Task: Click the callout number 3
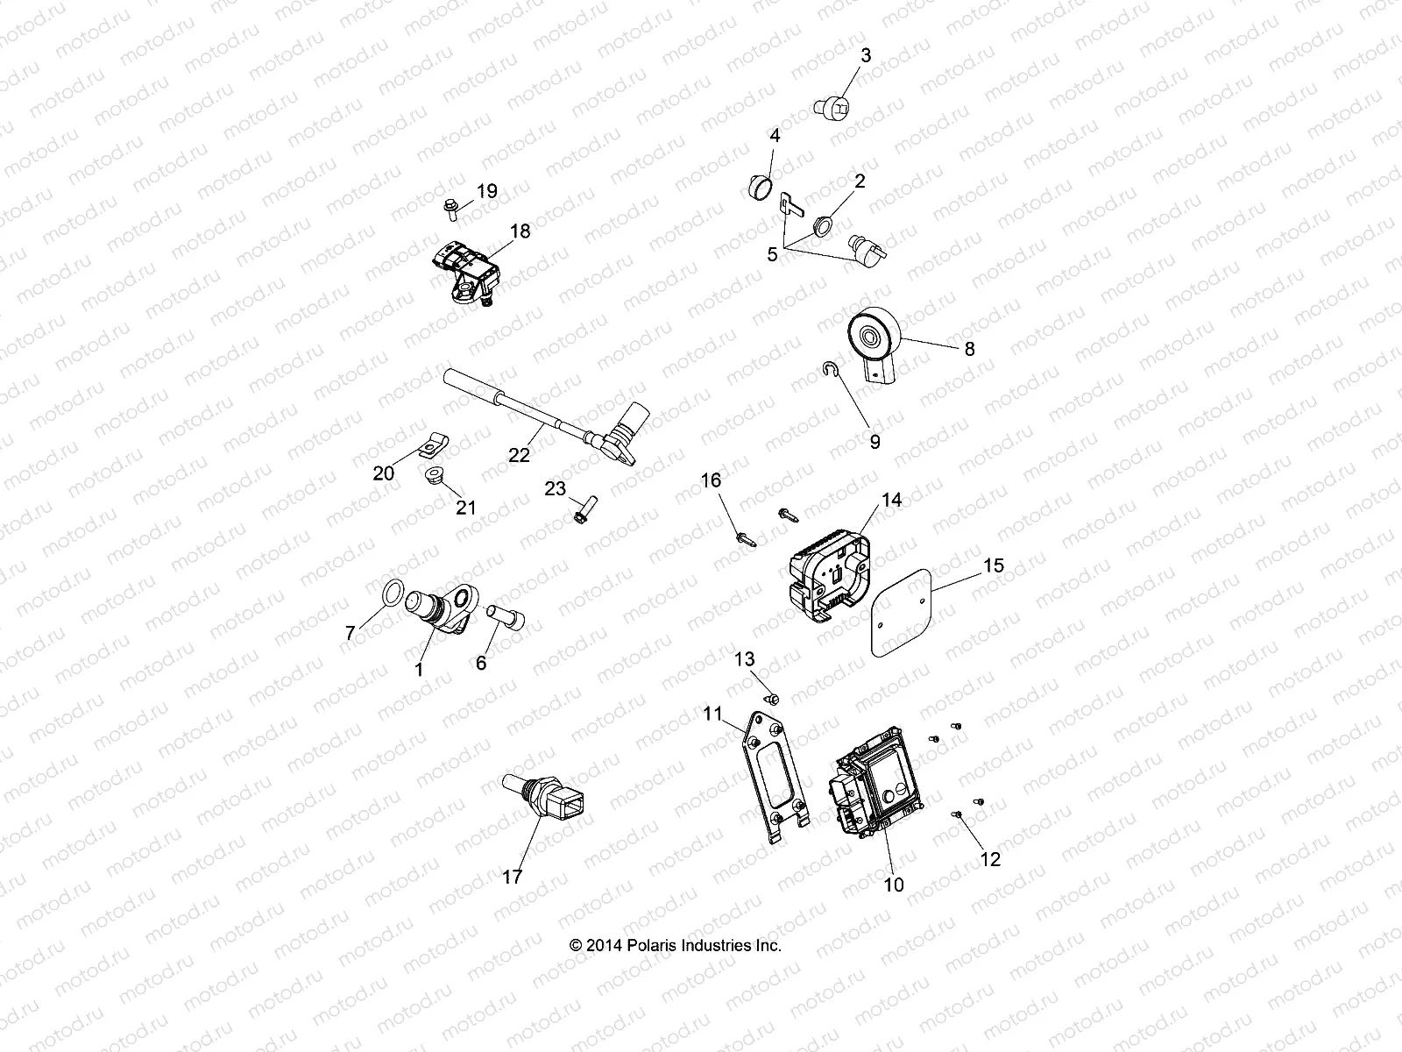865,55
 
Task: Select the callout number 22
519,454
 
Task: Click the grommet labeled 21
431,478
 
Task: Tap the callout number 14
891,500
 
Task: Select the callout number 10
893,885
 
